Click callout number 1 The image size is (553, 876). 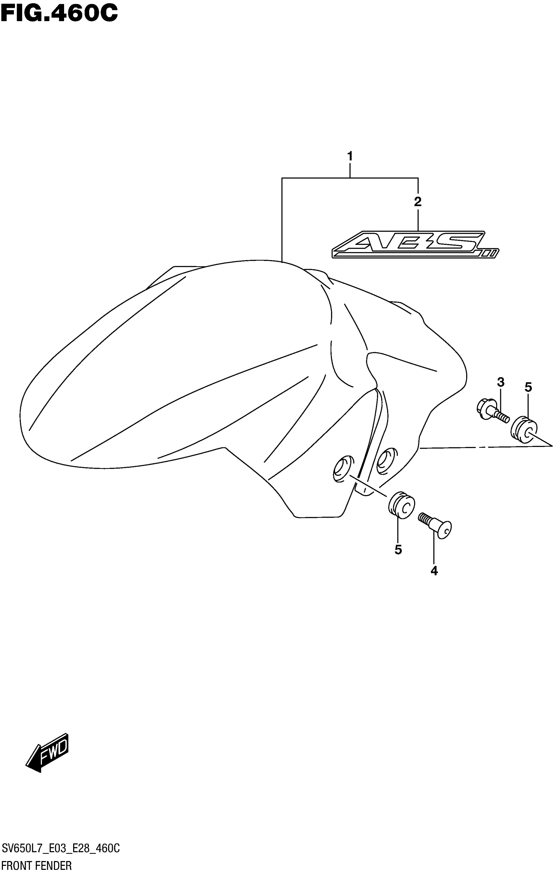coord(350,157)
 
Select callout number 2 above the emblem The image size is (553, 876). coord(418,202)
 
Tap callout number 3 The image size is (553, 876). coord(501,382)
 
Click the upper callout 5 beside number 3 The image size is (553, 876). coord(528,387)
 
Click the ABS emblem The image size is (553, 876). coord(414,244)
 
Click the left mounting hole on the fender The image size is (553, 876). coord(343,468)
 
